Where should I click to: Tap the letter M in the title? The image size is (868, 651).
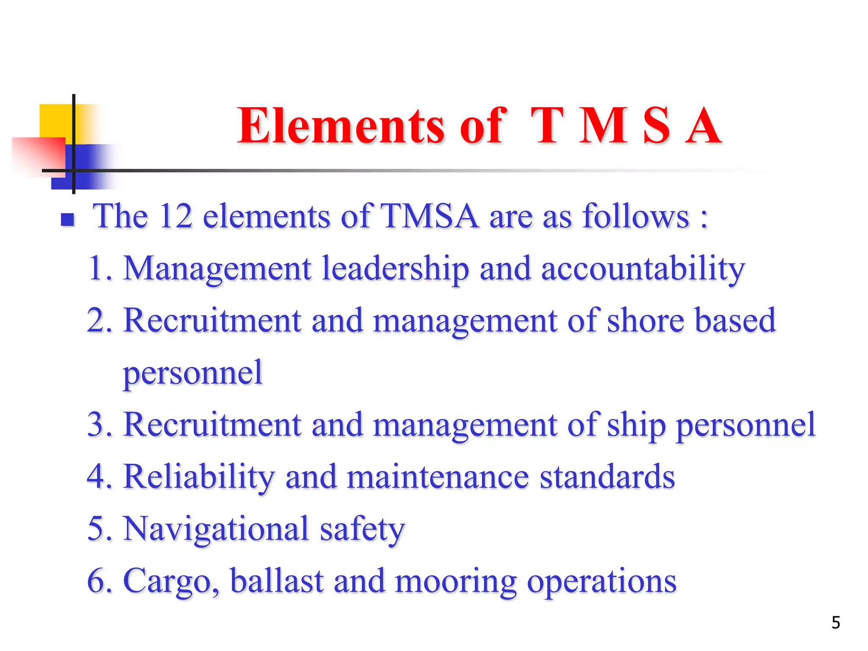point(604,126)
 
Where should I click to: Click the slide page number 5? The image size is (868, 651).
point(835,623)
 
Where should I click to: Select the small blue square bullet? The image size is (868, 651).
point(68,219)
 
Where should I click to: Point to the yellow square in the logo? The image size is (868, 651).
point(55,121)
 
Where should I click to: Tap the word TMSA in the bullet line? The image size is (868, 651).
point(429,216)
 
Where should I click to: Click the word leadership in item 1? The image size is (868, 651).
point(395,269)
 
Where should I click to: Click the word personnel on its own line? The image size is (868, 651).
point(193,373)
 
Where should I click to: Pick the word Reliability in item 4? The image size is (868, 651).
point(199,477)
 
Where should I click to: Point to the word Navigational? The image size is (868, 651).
point(216,529)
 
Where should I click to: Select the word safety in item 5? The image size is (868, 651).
point(362,529)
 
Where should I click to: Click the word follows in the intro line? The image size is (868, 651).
point(636,216)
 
